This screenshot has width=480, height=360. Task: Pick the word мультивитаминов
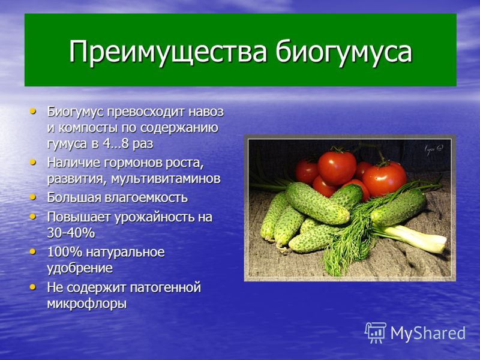click(166, 179)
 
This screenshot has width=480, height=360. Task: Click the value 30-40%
click(71, 233)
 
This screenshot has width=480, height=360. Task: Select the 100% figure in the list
click(65, 252)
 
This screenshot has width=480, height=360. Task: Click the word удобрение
click(80, 268)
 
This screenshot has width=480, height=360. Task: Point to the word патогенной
click(166, 288)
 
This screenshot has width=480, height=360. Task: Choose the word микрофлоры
click(87, 304)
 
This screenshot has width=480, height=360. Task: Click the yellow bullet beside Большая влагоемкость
click(33, 197)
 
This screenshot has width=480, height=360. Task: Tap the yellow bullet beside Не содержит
click(33, 287)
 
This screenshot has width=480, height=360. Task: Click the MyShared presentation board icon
click(376, 333)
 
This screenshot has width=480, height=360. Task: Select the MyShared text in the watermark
click(428, 333)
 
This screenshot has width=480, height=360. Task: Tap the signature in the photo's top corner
click(434, 149)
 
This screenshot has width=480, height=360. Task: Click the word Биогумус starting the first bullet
click(76, 112)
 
